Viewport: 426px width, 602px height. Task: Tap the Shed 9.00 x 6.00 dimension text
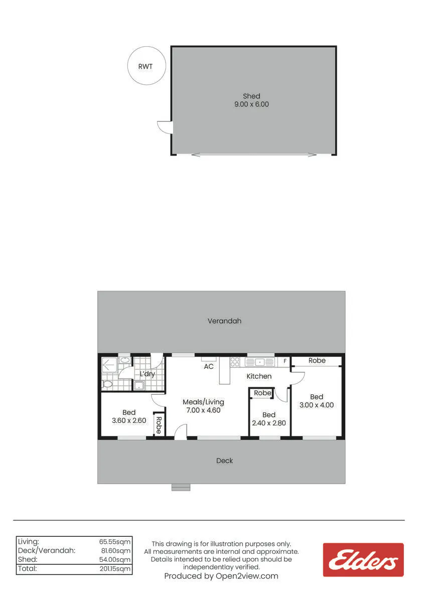pos(251,104)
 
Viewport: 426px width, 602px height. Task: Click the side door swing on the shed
pos(165,127)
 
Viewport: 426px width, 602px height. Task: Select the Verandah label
pos(224,321)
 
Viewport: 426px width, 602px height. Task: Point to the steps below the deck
pos(181,487)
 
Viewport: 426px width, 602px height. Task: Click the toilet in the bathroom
pos(107,384)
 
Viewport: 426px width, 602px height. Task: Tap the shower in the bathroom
pos(109,365)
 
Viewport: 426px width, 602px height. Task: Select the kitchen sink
pos(259,362)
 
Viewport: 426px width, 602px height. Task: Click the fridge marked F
pos(285,362)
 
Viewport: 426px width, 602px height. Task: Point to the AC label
pos(209,367)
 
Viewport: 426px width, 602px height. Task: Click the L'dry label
pos(148,374)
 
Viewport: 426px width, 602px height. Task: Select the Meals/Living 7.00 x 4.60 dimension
pos(203,410)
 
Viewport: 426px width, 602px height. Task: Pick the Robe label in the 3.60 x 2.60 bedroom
pos(159,425)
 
